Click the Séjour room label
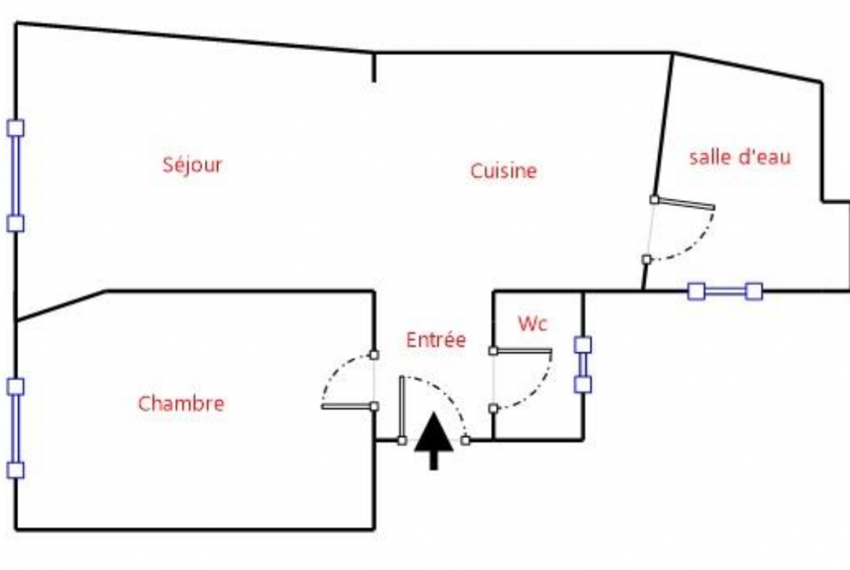click(x=193, y=165)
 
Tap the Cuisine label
click(x=503, y=171)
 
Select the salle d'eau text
click(x=740, y=157)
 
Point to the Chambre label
click(x=181, y=404)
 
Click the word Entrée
click(x=436, y=340)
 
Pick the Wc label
click(x=533, y=323)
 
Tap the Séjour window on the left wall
click(x=15, y=176)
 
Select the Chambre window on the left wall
click(x=15, y=428)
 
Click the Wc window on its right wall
click(x=583, y=365)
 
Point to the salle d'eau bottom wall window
click(x=725, y=291)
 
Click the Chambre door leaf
click(x=347, y=407)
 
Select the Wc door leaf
click(x=522, y=351)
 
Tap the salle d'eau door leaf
click(x=684, y=204)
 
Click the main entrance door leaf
click(x=402, y=409)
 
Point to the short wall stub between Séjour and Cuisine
click(x=373, y=68)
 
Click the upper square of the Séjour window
click(x=15, y=129)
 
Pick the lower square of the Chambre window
click(x=15, y=471)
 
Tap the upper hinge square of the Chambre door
click(x=374, y=355)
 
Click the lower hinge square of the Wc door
click(x=493, y=409)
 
